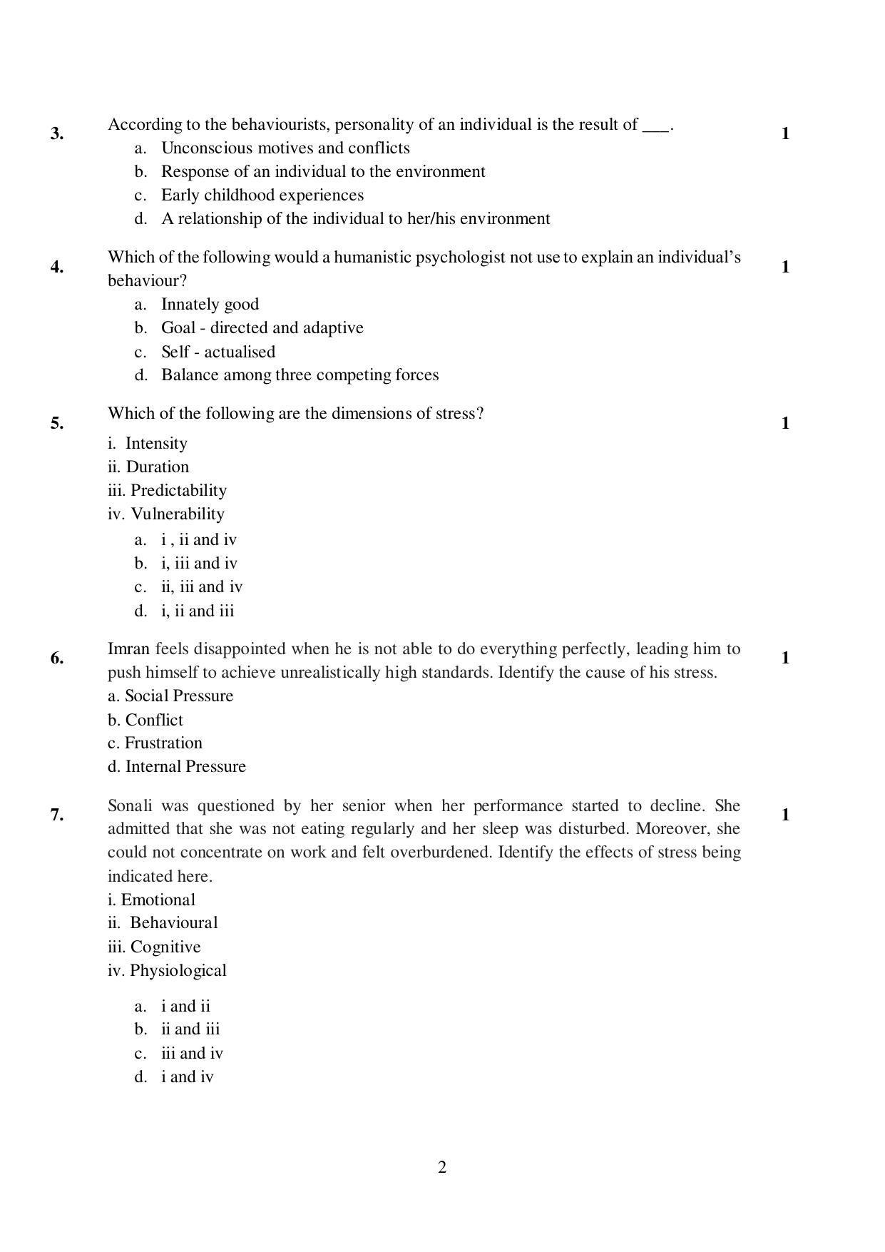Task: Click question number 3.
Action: click(57, 134)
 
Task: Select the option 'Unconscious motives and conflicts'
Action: click(285, 148)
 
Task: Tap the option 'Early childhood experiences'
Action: click(262, 195)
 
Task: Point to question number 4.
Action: click(57, 268)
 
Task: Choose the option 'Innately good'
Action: click(210, 305)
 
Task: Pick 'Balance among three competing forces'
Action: click(300, 375)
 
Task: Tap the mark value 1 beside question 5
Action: click(785, 424)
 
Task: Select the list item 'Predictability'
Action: click(178, 491)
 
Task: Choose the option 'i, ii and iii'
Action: click(198, 611)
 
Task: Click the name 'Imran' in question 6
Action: click(128, 649)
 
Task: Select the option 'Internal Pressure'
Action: click(185, 767)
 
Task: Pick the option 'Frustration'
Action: click(163, 743)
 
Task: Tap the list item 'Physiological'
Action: click(178, 971)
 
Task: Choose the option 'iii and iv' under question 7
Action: click(192, 1054)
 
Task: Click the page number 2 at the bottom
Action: click(442, 1168)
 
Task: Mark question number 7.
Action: click(57, 815)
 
